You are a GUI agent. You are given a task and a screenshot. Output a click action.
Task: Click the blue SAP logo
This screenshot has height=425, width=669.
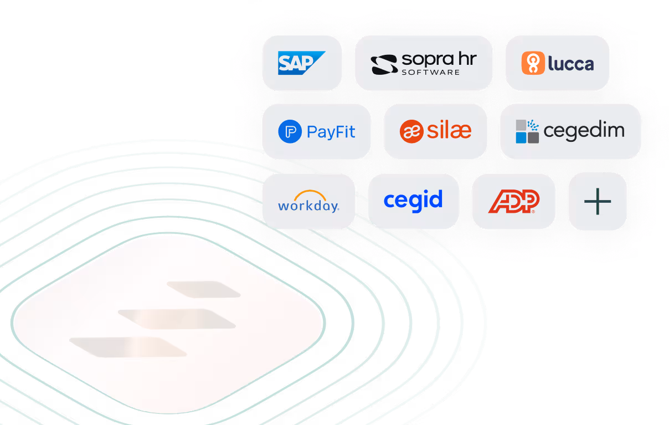pos(301,63)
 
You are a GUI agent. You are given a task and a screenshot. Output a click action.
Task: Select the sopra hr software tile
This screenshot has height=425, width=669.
pos(424,63)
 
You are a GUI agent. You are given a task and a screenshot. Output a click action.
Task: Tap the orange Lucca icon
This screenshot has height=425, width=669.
pos(532,63)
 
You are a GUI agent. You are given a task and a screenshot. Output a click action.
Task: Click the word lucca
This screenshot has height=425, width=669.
pos(570,64)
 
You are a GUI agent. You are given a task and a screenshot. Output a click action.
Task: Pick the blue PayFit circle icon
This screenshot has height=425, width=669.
pos(290,132)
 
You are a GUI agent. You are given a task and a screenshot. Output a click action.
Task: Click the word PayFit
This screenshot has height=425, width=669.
pos(331,132)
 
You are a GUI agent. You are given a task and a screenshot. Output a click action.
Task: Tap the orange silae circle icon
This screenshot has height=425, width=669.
pos(411,131)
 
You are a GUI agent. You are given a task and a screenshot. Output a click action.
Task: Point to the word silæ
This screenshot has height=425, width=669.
pos(449,131)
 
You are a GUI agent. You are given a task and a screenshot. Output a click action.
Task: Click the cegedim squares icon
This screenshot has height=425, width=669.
pos(527,131)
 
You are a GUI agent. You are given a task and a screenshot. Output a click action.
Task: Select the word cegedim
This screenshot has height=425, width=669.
pos(584,131)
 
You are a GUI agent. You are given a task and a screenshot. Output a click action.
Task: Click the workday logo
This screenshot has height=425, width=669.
pos(308,202)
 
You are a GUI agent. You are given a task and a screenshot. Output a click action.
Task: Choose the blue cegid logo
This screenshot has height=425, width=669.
pos(413,201)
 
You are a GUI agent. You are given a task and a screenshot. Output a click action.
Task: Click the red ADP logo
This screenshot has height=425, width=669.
pos(513,202)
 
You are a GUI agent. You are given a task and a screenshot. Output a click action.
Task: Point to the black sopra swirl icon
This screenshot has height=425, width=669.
pos(384,64)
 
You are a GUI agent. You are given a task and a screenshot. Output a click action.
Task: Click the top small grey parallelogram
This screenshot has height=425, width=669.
pos(203,289)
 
